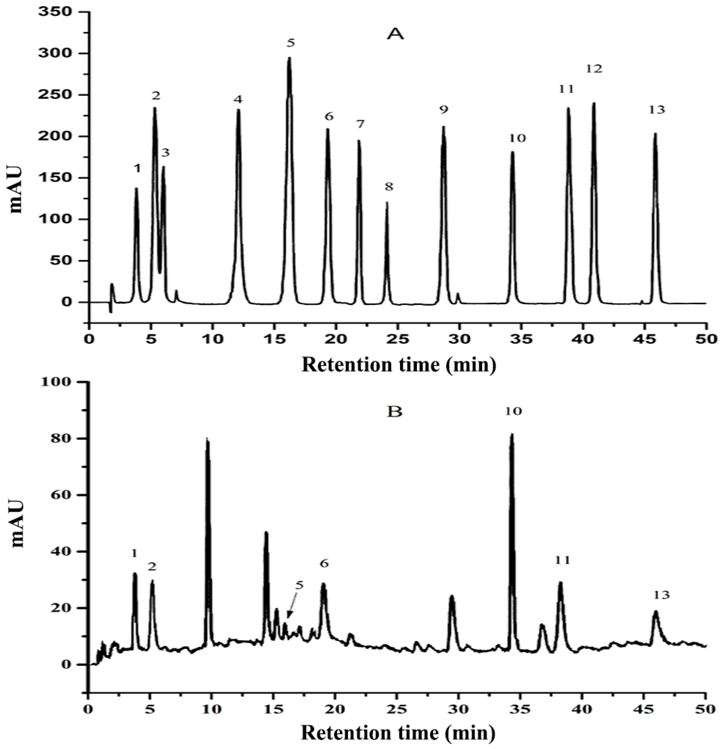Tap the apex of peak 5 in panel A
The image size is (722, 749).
click(289, 58)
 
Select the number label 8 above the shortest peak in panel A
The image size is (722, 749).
click(389, 187)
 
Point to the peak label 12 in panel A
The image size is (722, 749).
click(594, 69)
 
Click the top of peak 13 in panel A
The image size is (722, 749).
click(655, 134)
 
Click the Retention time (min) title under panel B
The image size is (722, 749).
click(398, 733)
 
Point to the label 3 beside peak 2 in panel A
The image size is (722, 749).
click(165, 152)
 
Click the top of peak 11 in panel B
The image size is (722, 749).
click(560, 583)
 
